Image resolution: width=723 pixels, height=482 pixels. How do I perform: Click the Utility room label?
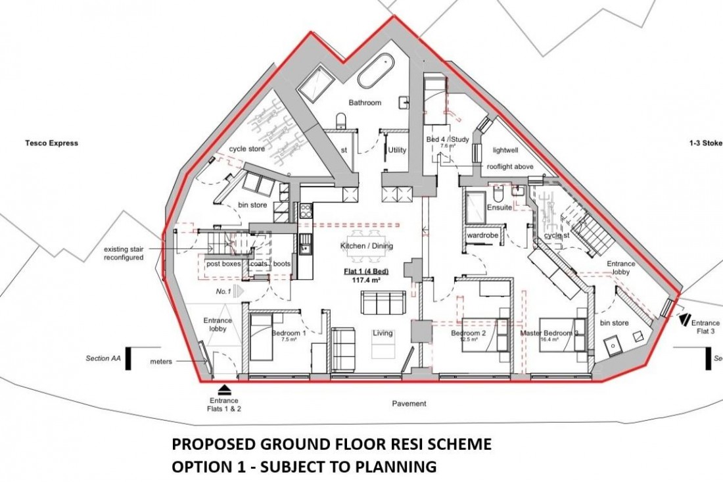point(397,151)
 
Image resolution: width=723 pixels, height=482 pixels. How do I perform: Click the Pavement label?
point(412,403)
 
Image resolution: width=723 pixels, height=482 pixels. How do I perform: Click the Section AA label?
point(103,358)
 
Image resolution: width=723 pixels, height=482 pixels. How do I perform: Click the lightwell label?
point(505,151)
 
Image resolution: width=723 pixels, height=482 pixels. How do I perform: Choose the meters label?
point(160,361)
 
